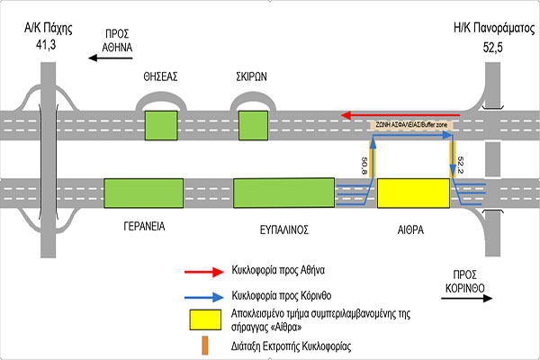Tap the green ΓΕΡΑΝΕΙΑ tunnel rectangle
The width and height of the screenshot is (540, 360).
(143, 193)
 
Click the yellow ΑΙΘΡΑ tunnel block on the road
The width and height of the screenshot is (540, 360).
(413, 193)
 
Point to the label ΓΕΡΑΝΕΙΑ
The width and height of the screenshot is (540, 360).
(144, 229)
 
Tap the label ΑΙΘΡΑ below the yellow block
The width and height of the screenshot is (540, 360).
(413, 229)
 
